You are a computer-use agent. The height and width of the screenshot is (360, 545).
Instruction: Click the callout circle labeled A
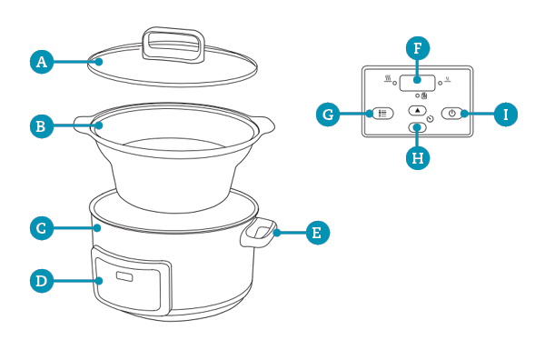click(x=42, y=62)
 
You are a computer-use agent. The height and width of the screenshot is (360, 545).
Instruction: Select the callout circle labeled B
click(x=42, y=126)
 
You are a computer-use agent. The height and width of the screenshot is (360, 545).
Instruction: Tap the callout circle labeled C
click(x=42, y=228)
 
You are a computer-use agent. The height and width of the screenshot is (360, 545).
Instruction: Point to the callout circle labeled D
click(x=42, y=280)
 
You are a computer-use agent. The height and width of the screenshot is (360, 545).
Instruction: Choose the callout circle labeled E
click(x=317, y=233)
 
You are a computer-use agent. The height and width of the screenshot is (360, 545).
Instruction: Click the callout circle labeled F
click(x=418, y=48)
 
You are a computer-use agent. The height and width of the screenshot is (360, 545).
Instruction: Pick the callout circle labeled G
click(x=328, y=114)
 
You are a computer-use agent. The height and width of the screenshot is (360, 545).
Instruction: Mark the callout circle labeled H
click(x=418, y=158)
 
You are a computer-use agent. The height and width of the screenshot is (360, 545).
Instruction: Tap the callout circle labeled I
click(x=506, y=114)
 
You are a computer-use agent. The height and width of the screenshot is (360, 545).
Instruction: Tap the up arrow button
click(x=418, y=111)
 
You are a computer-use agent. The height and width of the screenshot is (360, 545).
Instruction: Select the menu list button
click(x=382, y=114)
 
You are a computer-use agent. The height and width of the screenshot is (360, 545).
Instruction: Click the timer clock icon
click(x=431, y=118)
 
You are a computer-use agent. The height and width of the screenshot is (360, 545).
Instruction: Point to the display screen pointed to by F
click(x=417, y=84)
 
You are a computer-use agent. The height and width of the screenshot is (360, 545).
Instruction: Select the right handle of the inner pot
click(x=266, y=125)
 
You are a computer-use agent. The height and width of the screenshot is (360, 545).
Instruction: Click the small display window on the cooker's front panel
click(x=124, y=276)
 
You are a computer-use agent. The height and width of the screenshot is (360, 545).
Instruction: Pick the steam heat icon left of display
click(x=388, y=78)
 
